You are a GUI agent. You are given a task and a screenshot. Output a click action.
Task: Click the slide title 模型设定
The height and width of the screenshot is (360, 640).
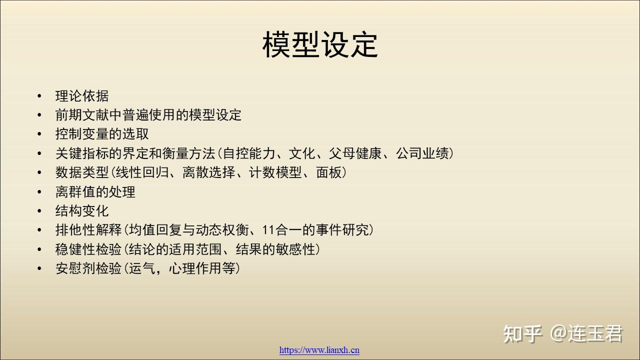click(x=320, y=45)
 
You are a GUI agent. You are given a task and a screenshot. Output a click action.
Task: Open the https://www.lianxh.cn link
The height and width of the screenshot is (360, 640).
click(x=319, y=350)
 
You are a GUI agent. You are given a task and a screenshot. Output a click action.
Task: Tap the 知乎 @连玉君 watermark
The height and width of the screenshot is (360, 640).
click(x=563, y=333)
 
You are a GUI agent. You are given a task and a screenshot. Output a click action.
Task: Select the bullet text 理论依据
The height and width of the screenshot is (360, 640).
click(x=82, y=96)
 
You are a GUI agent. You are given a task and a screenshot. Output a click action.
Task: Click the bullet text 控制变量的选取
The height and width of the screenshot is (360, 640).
click(x=102, y=134)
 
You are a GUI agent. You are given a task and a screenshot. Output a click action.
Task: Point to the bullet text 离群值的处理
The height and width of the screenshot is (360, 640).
click(x=95, y=191)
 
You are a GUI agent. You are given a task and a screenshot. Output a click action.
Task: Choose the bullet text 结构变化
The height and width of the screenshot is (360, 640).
click(x=82, y=211)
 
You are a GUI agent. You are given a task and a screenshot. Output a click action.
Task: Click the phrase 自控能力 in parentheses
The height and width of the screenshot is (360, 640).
click(x=249, y=153)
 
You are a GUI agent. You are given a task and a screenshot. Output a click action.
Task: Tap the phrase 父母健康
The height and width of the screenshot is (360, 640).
click(x=355, y=153)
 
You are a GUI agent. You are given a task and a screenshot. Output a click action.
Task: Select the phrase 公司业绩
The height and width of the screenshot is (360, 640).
click(x=422, y=153)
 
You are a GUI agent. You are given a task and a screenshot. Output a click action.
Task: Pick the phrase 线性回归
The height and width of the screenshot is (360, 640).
click(x=142, y=172)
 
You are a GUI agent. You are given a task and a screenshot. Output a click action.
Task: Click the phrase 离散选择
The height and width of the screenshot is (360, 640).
click(x=209, y=172)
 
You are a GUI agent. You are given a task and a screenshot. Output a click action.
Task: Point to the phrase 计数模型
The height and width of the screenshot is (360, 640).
click(x=275, y=172)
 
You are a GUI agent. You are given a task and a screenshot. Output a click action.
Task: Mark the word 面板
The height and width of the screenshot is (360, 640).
click(x=329, y=172)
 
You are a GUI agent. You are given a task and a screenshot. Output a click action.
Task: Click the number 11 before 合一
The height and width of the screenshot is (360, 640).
click(x=268, y=230)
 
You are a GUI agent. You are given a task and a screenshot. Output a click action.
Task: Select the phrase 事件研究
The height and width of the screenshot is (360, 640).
click(x=342, y=230)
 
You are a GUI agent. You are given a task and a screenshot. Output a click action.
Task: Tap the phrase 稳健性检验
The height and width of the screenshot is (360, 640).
click(x=88, y=249)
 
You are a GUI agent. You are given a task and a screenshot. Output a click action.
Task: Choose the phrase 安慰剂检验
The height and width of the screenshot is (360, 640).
click(x=88, y=268)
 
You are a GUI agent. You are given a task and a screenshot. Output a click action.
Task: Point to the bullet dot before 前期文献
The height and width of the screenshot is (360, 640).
click(x=39, y=115)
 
